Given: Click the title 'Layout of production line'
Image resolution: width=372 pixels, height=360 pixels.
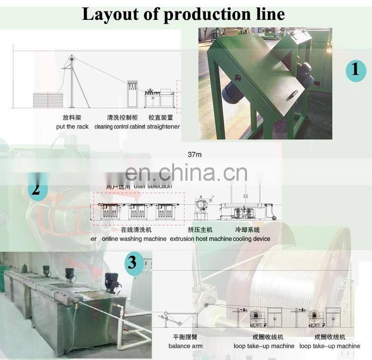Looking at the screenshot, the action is [x=183, y=13].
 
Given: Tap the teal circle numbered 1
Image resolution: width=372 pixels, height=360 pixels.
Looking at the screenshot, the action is [x=355, y=69].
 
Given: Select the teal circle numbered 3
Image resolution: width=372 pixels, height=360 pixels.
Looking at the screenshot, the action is [x=131, y=262].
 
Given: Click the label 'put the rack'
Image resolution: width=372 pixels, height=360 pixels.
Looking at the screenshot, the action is [x=72, y=127].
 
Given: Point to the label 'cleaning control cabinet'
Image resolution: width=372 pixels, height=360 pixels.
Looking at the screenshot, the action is [x=120, y=127].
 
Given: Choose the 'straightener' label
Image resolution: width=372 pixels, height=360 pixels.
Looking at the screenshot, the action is [x=164, y=127].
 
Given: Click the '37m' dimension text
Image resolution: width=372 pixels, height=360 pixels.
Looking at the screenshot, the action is [x=195, y=154].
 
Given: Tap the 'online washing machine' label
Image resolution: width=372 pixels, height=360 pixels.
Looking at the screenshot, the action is [x=134, y=239].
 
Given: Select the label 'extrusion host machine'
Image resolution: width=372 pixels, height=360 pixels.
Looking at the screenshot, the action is [x=200, y=239].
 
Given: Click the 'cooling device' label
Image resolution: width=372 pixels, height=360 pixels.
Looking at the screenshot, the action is [x=252, y=239].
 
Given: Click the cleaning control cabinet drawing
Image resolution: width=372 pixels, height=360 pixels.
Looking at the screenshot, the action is [x=133, y=93].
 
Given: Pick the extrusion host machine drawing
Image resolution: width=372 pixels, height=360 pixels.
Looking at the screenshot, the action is [x=203, y=208].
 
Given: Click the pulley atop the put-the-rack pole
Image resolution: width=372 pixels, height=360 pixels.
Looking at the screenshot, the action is [x=71, y=59].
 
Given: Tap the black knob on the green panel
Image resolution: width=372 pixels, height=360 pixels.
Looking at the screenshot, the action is [x=237, y=77].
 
